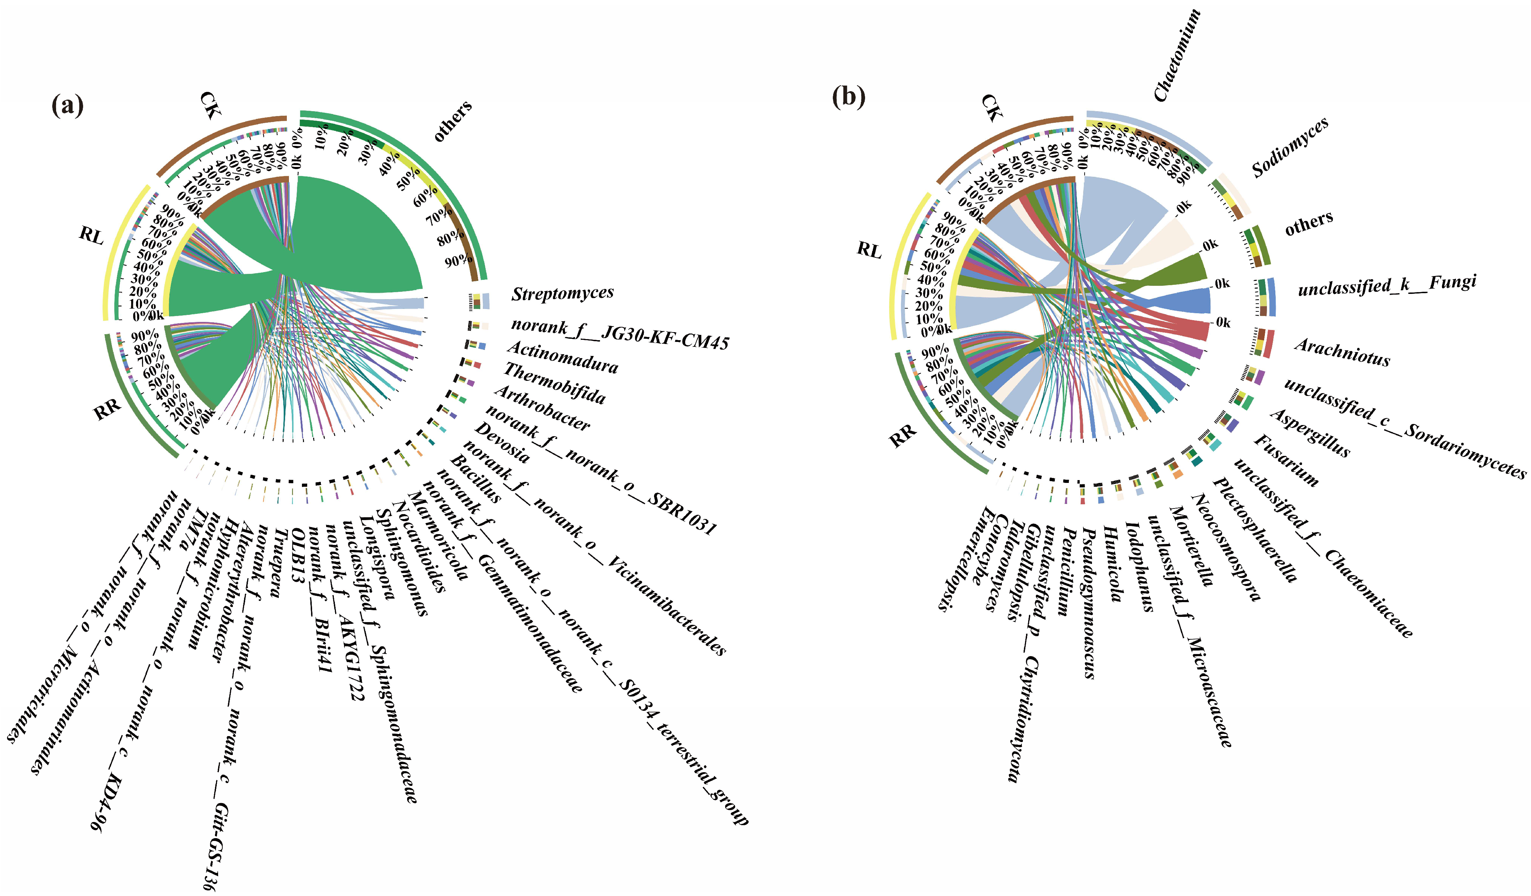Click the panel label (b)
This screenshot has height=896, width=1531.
click(x=848, y=96)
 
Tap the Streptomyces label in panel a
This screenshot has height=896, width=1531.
click(x=562, y=294)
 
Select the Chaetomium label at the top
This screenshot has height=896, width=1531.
click(x=1178, y=55)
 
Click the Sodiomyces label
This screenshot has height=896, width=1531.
click(x=1290, y=148)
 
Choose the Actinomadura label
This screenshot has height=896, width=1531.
click(x=562, y=357)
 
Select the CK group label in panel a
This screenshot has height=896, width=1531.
click(x=211, y=105)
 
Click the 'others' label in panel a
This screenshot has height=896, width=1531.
click(x=453, y=121)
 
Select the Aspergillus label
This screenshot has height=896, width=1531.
click(x=1310, y=432)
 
